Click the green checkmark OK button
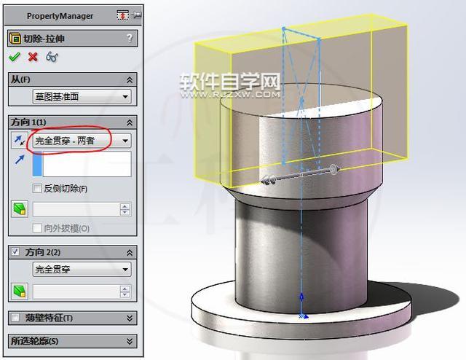14,57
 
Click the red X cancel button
32,57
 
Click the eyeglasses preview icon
52,57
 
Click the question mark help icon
130,39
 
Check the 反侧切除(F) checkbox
38,189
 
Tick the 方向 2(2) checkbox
15,251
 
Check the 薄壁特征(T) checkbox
15,318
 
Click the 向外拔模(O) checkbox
38,228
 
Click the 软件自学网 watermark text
230,79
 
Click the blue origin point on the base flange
303,316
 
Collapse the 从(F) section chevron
130,79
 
